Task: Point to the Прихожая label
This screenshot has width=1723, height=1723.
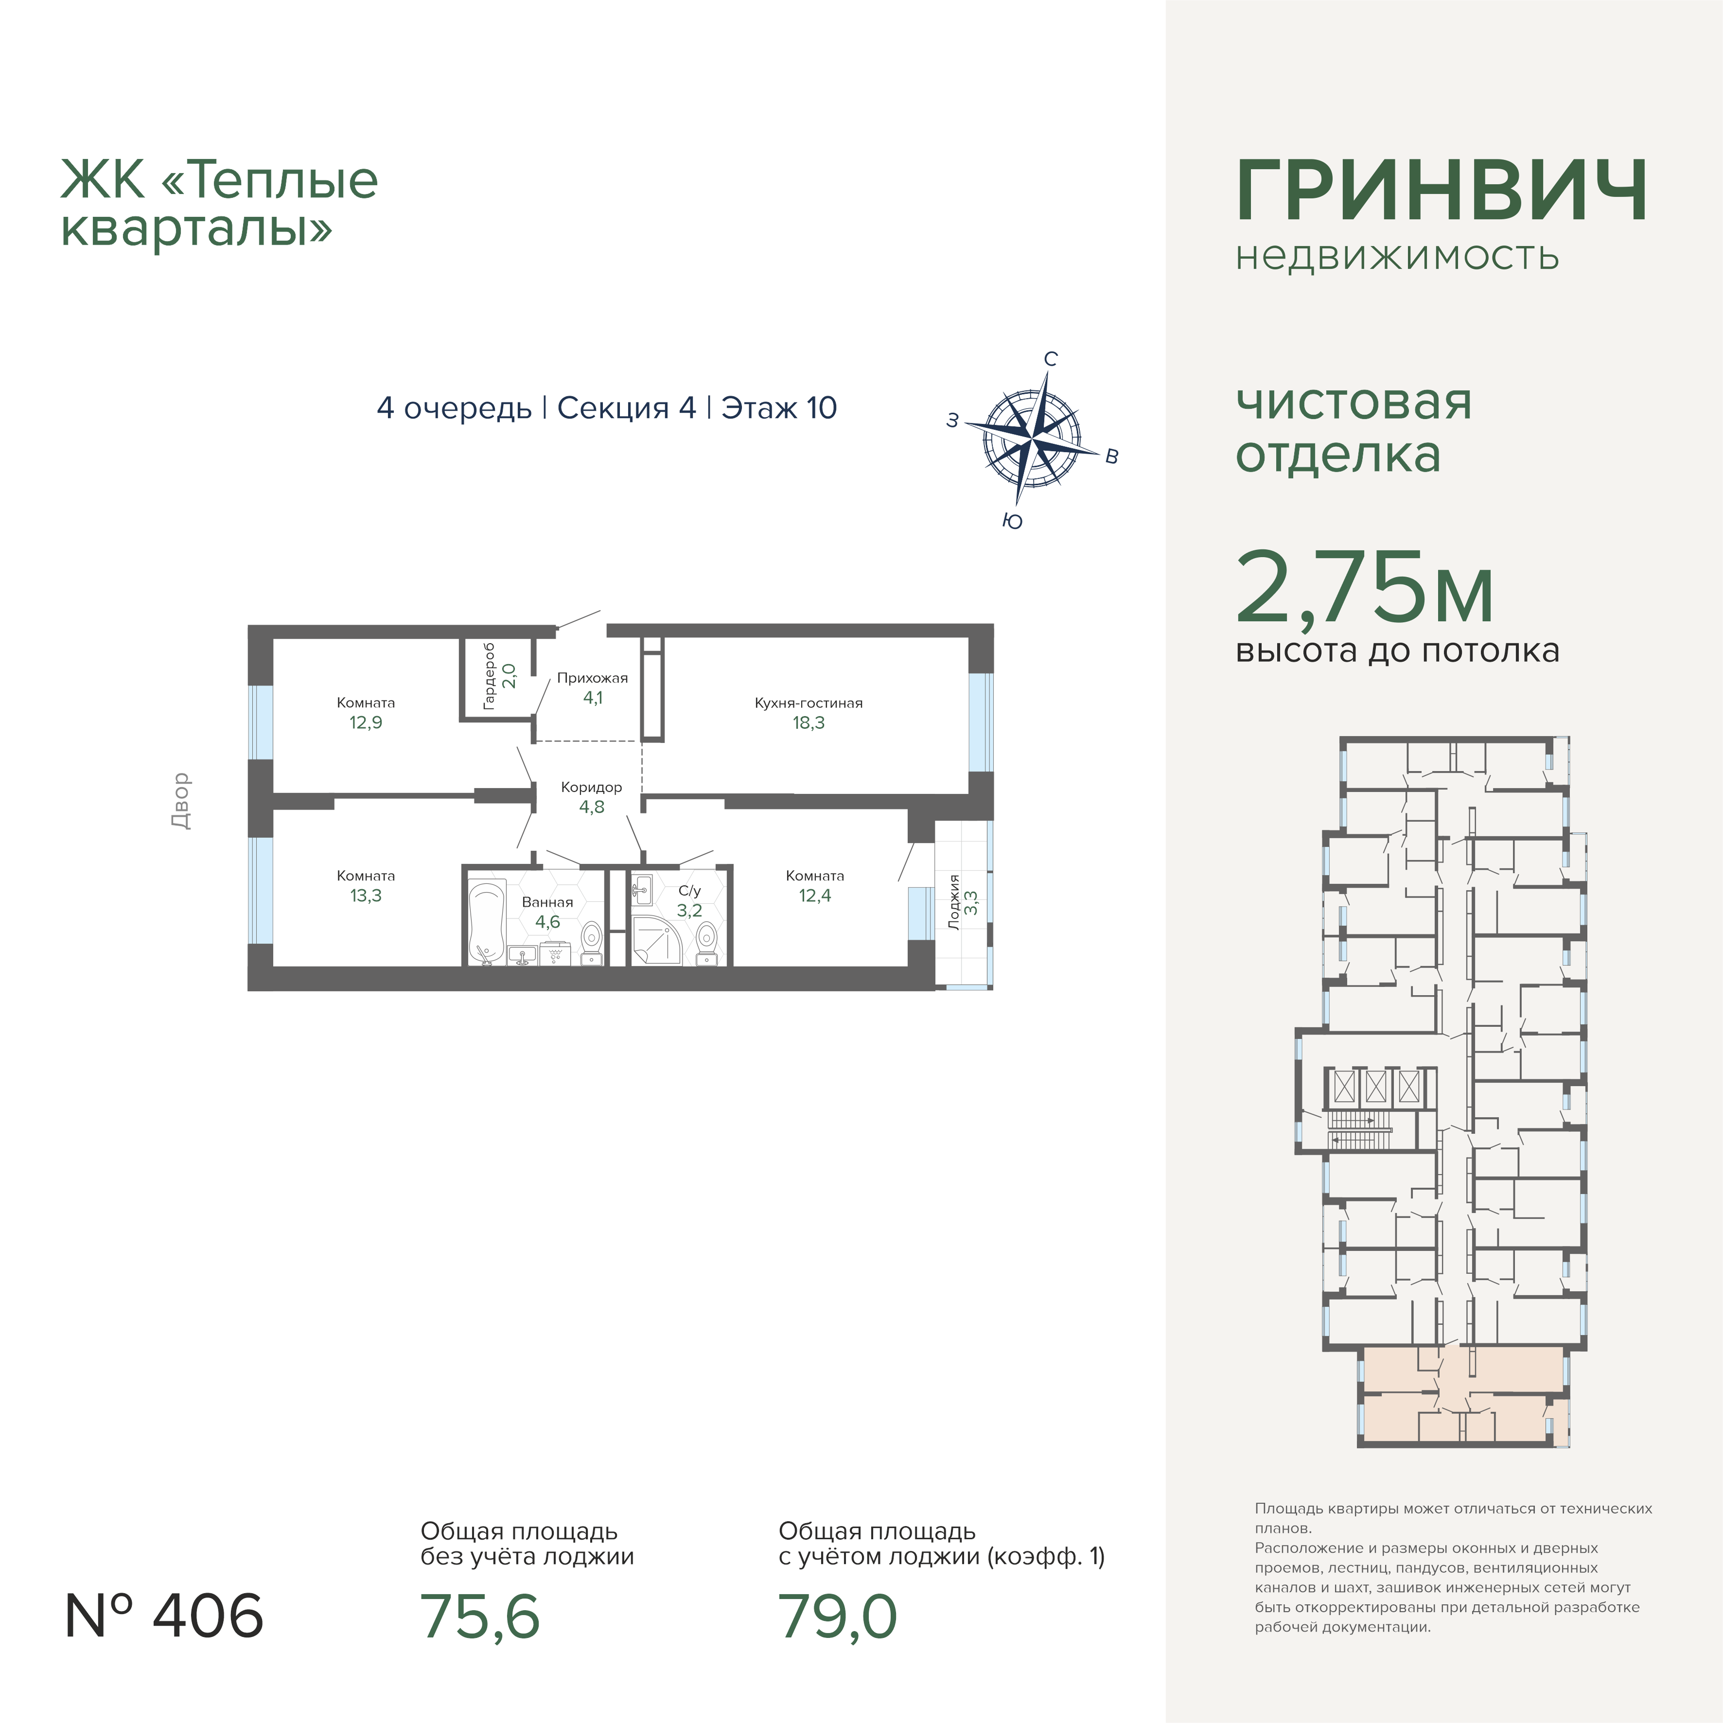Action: pyautogui.click(x=592, y=678)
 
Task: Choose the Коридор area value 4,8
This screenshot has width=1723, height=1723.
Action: pyautogui.click(x=592, y=807)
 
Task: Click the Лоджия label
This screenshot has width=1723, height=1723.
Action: pyautogui.click(x=954, y=902)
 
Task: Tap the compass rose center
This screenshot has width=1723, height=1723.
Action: pyautogui.click(x=1032, y=440)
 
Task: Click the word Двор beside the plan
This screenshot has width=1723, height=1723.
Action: pyautogui.click(x=181, y=801)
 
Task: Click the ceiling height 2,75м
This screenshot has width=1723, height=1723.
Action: pyautogui.click(x=1365, y=588)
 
